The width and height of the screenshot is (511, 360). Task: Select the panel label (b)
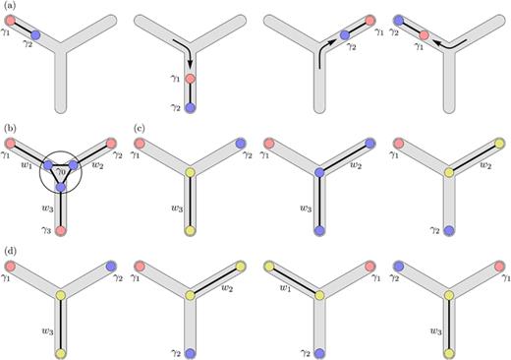(9, 128)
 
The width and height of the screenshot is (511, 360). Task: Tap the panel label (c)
(138, 128)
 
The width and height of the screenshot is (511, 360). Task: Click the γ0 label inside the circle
(61, 173)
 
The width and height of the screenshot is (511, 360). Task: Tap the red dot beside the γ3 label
(61, 229)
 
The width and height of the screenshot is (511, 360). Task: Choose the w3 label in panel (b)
(45, 208)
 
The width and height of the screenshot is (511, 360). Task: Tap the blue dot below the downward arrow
(189, 105)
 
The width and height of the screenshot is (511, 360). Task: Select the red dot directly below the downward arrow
(189, 78)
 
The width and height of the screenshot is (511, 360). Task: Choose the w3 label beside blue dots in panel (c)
(304, 209)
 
